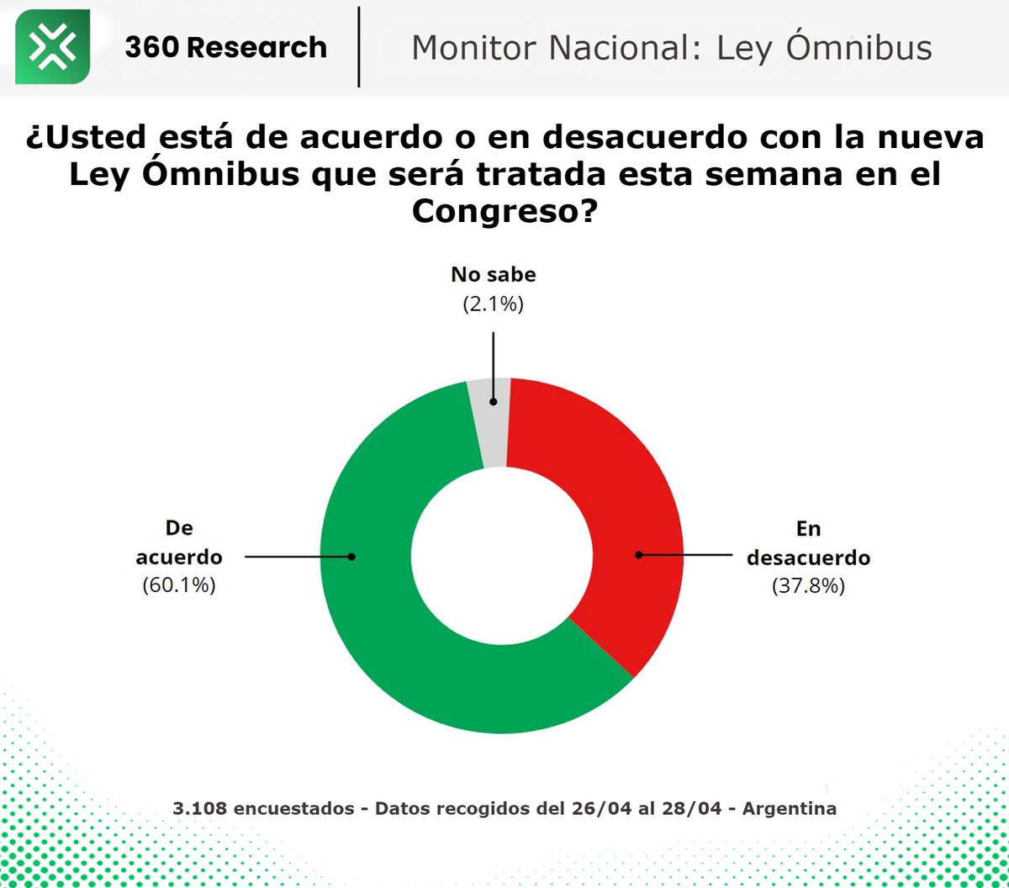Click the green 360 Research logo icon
[x=52, y=47]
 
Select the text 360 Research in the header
[x=225, y=47]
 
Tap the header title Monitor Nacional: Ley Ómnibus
[x=671, y=48]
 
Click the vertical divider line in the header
[x=359, y=47]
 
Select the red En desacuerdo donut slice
[x=622, y=488]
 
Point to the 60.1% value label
[x=179, y=586]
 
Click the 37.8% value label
[x=807, y=586]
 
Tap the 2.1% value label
[x=493, y=304]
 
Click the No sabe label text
[x=493, y=275]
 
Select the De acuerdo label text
[x=179, y=542]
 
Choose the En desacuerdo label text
[x=808, y=542]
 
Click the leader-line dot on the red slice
[x=638, y=555]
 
